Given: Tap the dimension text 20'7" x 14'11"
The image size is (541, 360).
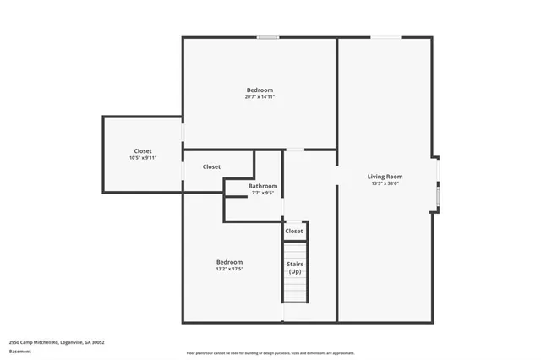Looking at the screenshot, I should (x=260, y=97).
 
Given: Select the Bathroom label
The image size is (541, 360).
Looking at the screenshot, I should (x=263, y=186).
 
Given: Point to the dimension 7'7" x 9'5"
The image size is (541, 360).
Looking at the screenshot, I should (x=263, y=193).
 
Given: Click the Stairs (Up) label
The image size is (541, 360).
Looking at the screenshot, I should (x=295, y=268).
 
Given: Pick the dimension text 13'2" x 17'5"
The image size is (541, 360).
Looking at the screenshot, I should (x=229, y=269).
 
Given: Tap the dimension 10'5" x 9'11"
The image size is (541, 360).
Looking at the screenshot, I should (x=143, y=158).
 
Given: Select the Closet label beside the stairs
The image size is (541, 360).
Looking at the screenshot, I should (x=294, y=231).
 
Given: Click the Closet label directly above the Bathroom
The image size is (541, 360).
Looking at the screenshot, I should (x=211, y=167).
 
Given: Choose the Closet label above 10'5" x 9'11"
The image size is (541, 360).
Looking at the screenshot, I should (x=143, y=151).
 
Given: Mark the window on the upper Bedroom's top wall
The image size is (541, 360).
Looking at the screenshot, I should (x=268, y=37).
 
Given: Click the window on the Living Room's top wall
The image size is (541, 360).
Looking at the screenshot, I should (x=388, y=37).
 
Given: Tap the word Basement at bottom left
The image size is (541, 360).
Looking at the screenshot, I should (x=19, y=350).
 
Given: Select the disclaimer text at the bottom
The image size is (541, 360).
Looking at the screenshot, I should (x=270, y=353).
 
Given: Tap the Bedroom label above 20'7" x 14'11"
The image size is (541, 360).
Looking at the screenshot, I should (x=260, y=90).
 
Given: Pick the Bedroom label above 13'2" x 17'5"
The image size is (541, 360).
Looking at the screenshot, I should (x=229, y=261).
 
